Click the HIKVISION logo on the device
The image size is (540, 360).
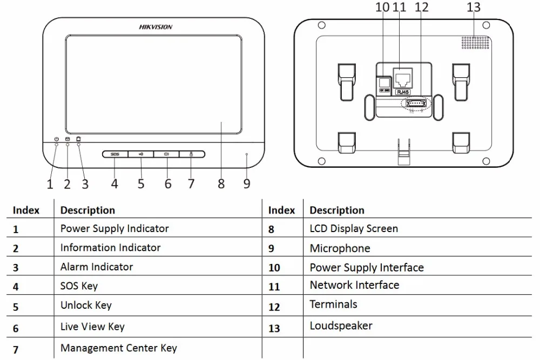pos(156,27)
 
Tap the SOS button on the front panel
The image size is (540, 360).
pos(115,154)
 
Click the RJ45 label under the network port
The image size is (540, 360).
pos(403,92)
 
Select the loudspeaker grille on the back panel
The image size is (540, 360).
pos(475,42)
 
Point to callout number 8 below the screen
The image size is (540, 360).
pos(221,184)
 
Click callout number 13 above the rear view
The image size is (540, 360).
pos(474,7)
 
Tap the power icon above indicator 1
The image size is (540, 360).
pos(57,139)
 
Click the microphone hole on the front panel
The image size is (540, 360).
pos(247,154)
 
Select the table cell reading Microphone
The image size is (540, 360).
pos(340,248)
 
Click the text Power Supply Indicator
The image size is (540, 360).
pos(114,228)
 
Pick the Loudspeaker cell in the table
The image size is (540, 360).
pos(341,325)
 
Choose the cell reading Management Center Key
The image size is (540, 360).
pos(118,348)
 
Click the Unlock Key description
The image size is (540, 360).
pos(86,305)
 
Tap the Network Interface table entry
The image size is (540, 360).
pos(354,285)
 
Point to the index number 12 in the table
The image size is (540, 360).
pos(274,307)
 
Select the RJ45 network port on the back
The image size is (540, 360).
pos(403,78)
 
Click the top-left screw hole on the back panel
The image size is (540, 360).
pos(322,25)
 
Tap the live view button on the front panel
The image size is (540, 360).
pos(166,154)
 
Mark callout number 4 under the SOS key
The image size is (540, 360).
pos(114,184)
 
